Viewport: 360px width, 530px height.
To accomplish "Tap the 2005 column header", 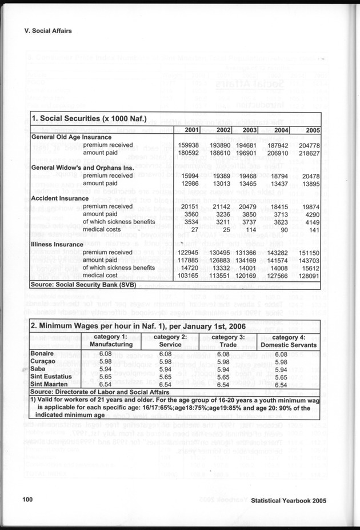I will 310,130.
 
